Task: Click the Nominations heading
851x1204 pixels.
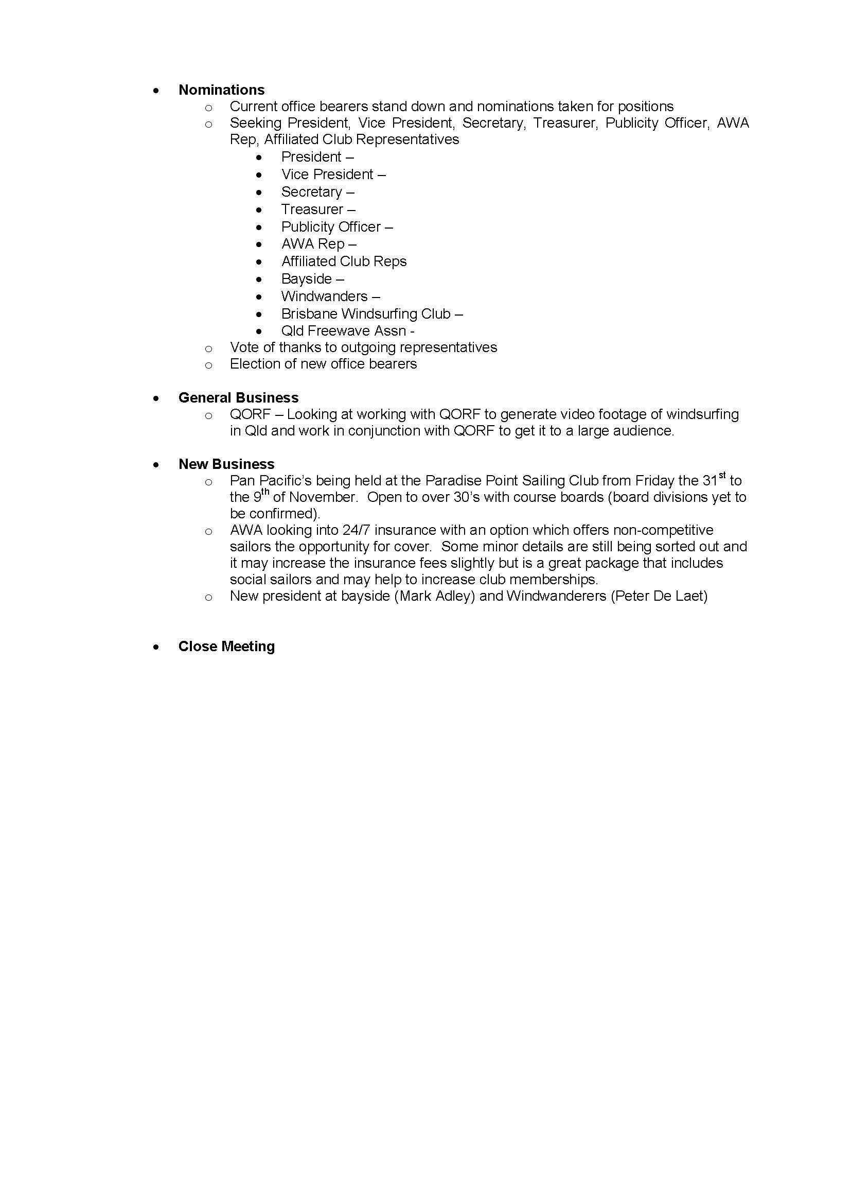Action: pos(221,90)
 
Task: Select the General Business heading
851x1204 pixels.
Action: pos(238,397)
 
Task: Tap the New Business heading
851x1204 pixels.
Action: pos(226,464)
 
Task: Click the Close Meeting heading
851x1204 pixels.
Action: pos(226,646)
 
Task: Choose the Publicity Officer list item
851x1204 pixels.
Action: pos(331,226)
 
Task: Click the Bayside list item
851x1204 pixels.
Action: pos(307,278)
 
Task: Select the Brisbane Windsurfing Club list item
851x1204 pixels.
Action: pos(365,313)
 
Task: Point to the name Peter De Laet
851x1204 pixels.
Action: pos(659,596)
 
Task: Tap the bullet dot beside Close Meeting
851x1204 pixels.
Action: pos(155,647)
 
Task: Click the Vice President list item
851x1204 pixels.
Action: pos(327,174)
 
